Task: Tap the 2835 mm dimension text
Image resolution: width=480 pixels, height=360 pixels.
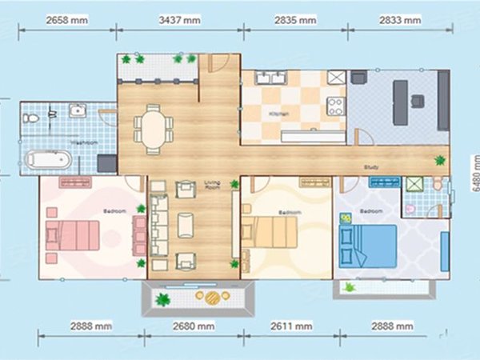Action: (294, 17)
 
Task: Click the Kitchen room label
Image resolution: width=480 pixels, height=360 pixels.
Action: (279, 114)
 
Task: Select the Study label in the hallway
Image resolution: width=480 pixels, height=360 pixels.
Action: (370, 167)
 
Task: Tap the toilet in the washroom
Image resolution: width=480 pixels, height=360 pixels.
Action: (31, 118)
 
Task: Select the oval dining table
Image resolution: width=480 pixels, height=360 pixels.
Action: (152, 126)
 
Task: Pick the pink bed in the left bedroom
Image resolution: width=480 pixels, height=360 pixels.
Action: (74, 236)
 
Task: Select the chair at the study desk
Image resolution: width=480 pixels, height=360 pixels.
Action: (417, 101)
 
